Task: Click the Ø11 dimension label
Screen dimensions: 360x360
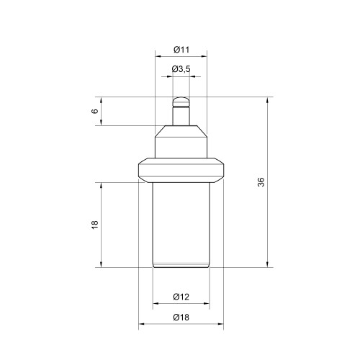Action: click(181, 50)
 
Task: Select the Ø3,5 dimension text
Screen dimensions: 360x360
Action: click(181, 69)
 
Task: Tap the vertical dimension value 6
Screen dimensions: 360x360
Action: click(95, 111)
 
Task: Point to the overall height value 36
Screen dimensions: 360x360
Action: click(261, 182)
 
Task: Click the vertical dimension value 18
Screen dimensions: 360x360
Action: click(95, 225)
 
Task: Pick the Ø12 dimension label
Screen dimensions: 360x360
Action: click(181, 297)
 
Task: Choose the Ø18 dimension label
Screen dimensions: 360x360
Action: click(181, 318)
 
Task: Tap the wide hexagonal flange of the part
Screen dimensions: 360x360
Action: click(181, 170)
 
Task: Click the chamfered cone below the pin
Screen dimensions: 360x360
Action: click(181, 131)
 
